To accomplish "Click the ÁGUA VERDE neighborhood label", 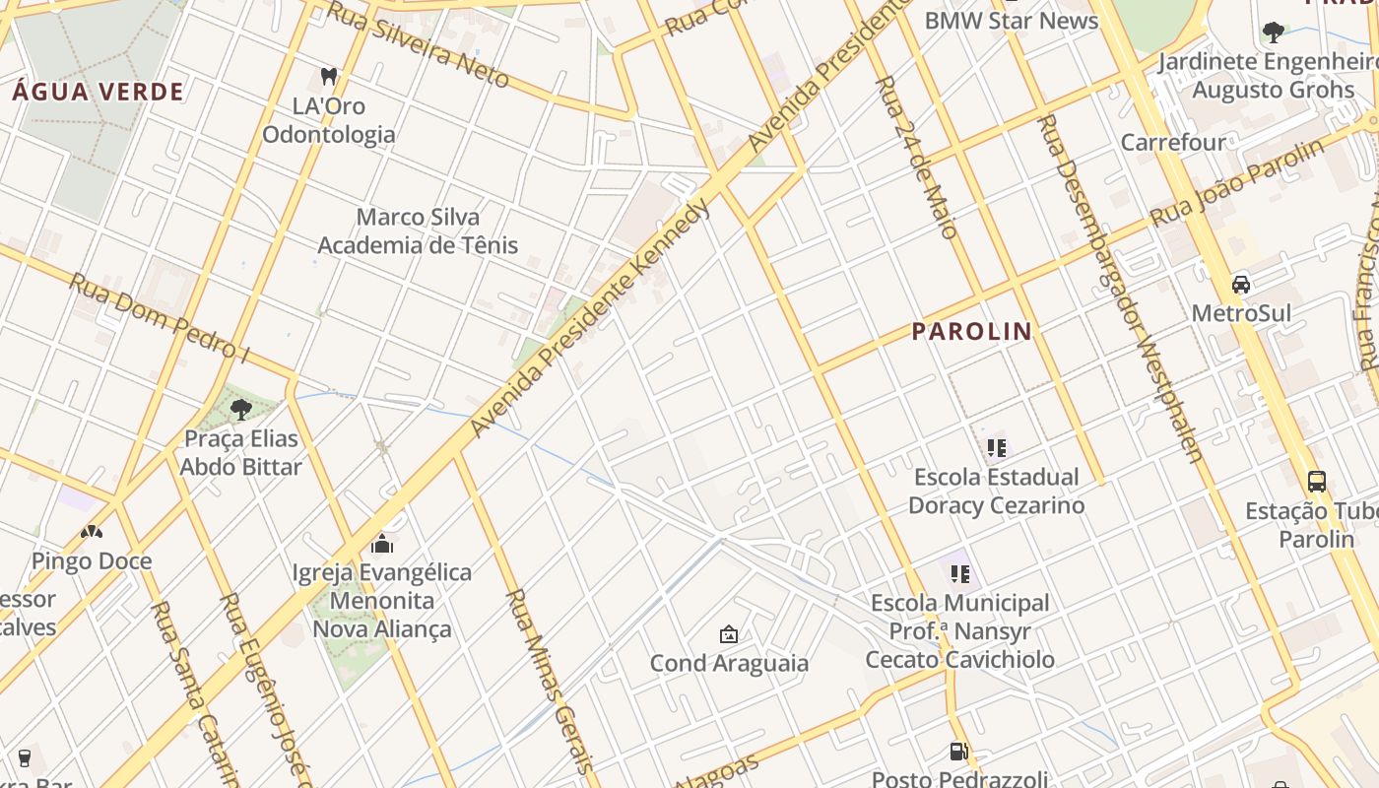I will point(98,93).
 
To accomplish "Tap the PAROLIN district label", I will point(971,332).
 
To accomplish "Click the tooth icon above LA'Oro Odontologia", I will point(329,76).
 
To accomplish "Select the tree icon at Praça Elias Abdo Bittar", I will point(240,409).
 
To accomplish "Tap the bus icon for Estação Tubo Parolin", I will point(1316,482).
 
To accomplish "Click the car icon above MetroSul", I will point(1241,285).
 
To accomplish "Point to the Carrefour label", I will point(1173,142).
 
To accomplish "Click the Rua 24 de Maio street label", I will point(916,158).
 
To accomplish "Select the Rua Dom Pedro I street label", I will point(158,316).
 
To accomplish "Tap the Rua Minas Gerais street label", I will point(549,680).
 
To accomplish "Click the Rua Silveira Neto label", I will point(418,44).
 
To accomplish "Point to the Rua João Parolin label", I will point(1239,183).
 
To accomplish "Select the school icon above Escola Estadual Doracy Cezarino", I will point(996,449).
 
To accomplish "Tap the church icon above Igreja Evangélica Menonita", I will point(382,544).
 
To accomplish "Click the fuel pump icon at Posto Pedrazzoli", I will point(958,753).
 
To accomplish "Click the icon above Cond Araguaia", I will point(729,634).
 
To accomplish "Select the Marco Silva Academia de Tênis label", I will point(418,230).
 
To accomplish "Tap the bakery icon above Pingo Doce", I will point(92,532).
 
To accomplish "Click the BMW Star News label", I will point(1011,20).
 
